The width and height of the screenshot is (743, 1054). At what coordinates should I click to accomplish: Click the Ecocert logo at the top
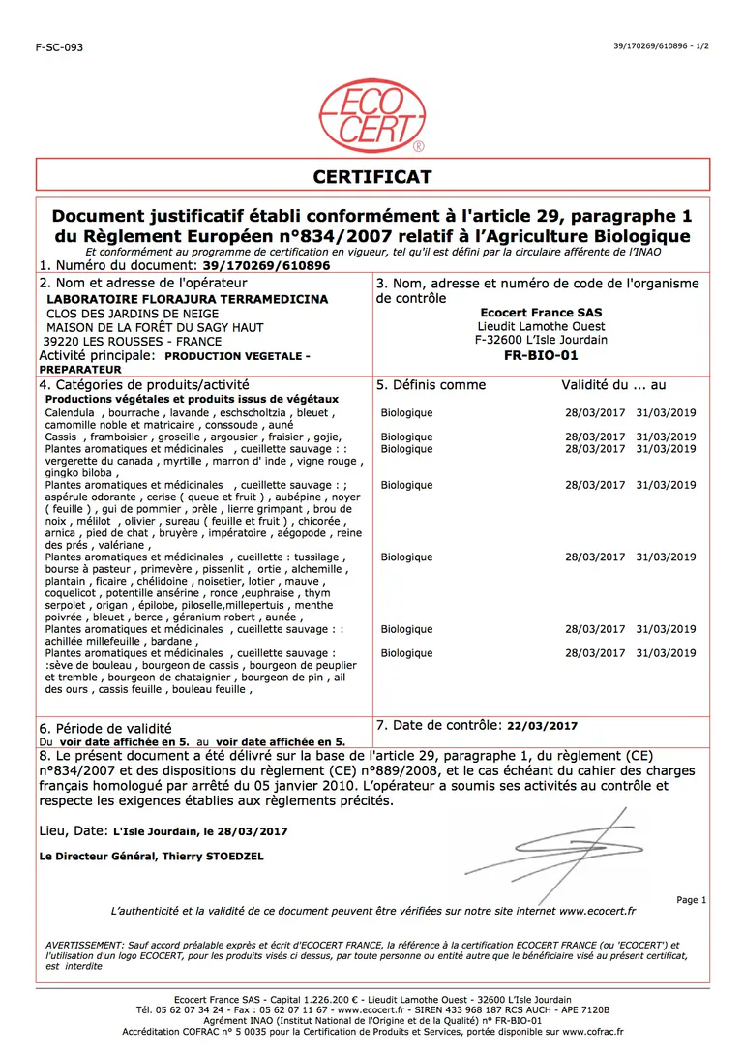[x=371, y=117]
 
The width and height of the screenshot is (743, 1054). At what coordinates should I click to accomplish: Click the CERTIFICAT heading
[x=371, y=176]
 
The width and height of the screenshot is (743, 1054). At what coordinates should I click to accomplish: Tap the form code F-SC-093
[x=59, y=46]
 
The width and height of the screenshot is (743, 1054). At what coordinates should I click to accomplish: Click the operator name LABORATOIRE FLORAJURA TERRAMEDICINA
[x=188, y=300]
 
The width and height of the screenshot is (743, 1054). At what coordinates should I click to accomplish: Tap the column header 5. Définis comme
[x=431, y=385]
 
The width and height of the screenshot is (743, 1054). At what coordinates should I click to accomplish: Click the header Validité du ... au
[x=613, y=385]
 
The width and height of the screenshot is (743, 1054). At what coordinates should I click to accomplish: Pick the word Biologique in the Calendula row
[x=406, y=413]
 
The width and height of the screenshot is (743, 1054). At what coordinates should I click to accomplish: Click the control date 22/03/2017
[x=542, y=726]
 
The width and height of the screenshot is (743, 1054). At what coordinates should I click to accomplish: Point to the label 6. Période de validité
[x=105, y=728]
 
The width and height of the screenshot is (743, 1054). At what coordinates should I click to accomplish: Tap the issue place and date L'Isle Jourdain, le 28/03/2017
[x=200, y=831]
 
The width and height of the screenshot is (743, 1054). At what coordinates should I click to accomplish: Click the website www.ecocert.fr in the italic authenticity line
[x=597, y=911]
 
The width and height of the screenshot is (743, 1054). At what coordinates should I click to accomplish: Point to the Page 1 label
[x=691, y=900]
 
